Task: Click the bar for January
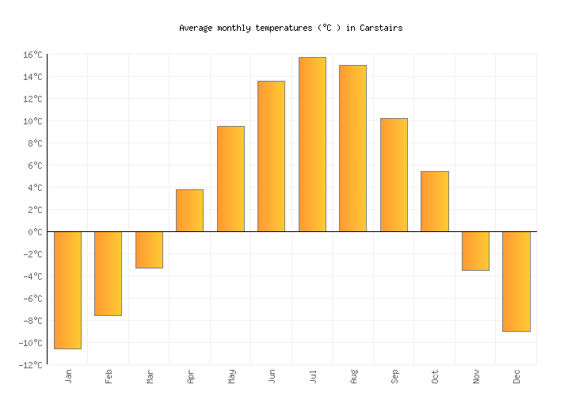point(67,290)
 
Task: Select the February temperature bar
point(108,273)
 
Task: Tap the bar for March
point(149,249)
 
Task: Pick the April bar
point(189,211)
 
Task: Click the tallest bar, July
point(312,144)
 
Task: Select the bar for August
point(352,148)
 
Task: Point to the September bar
point(394,175)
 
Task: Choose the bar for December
point(516,281)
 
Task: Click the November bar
point(475,251)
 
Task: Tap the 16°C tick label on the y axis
point(32,55)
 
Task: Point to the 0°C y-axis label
point(35,232)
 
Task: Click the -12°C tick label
point(30,365)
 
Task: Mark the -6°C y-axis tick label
point(32,299)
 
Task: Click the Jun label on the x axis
point(272,375)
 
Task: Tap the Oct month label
point(435,375)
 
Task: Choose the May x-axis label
point(231,375)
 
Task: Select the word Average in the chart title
point(195,28)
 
